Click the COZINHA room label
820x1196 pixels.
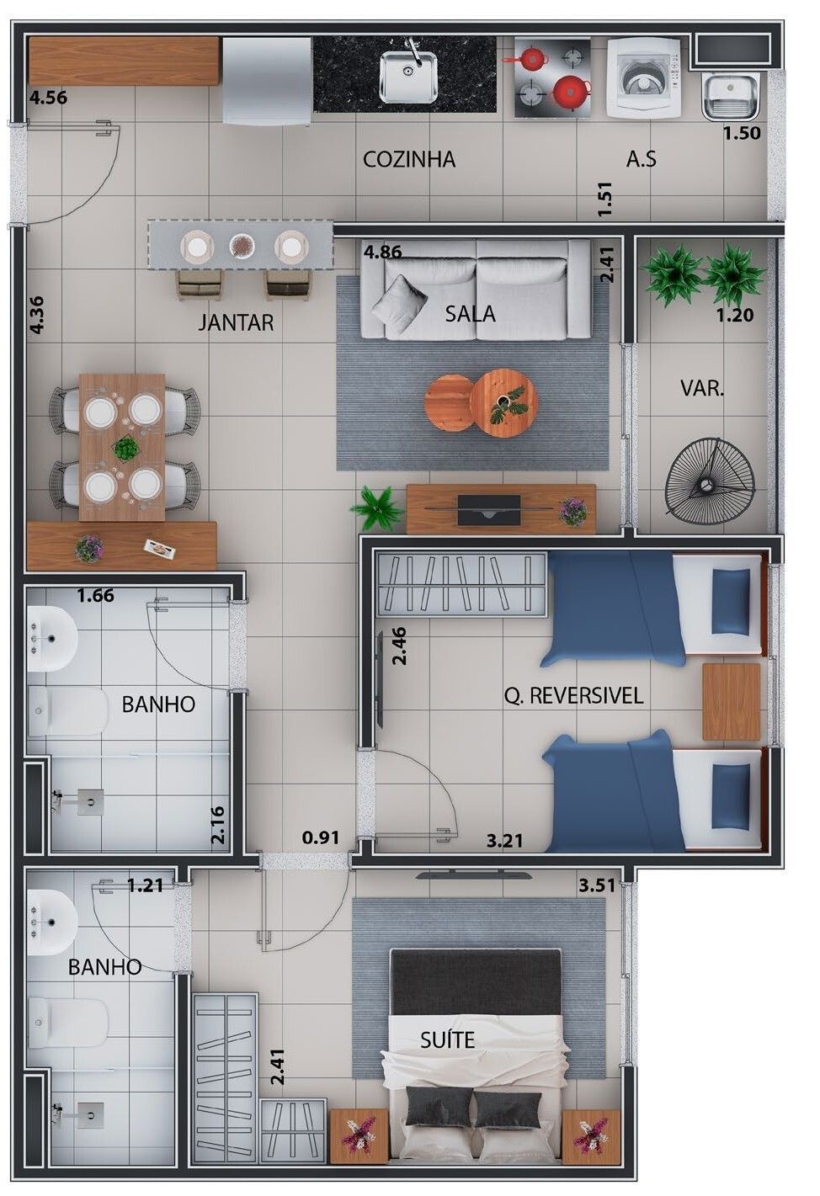tap(408, 159)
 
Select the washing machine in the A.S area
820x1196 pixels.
tap(644, 77)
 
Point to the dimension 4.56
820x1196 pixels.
tap(48, 98)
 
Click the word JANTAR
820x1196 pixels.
tap(236, 322)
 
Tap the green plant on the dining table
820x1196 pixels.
tap(125, 448)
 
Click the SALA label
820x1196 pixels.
tap(470, 313)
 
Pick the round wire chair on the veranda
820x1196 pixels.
tap(710, 484)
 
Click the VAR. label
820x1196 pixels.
tap(702, 388)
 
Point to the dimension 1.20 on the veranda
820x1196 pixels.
tap(734, 316)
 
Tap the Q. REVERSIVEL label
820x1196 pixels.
tap(573, 696)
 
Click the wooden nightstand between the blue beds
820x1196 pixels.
tap(731, 702)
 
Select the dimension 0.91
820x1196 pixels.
tap(320, 837)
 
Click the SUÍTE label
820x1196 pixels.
tap(447, 1039)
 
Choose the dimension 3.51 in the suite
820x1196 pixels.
tap(597, 885)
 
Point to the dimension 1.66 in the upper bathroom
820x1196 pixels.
tap(96, 595)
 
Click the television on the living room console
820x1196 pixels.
tap(489, 510)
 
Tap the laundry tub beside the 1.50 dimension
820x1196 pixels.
tap(731, 97)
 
